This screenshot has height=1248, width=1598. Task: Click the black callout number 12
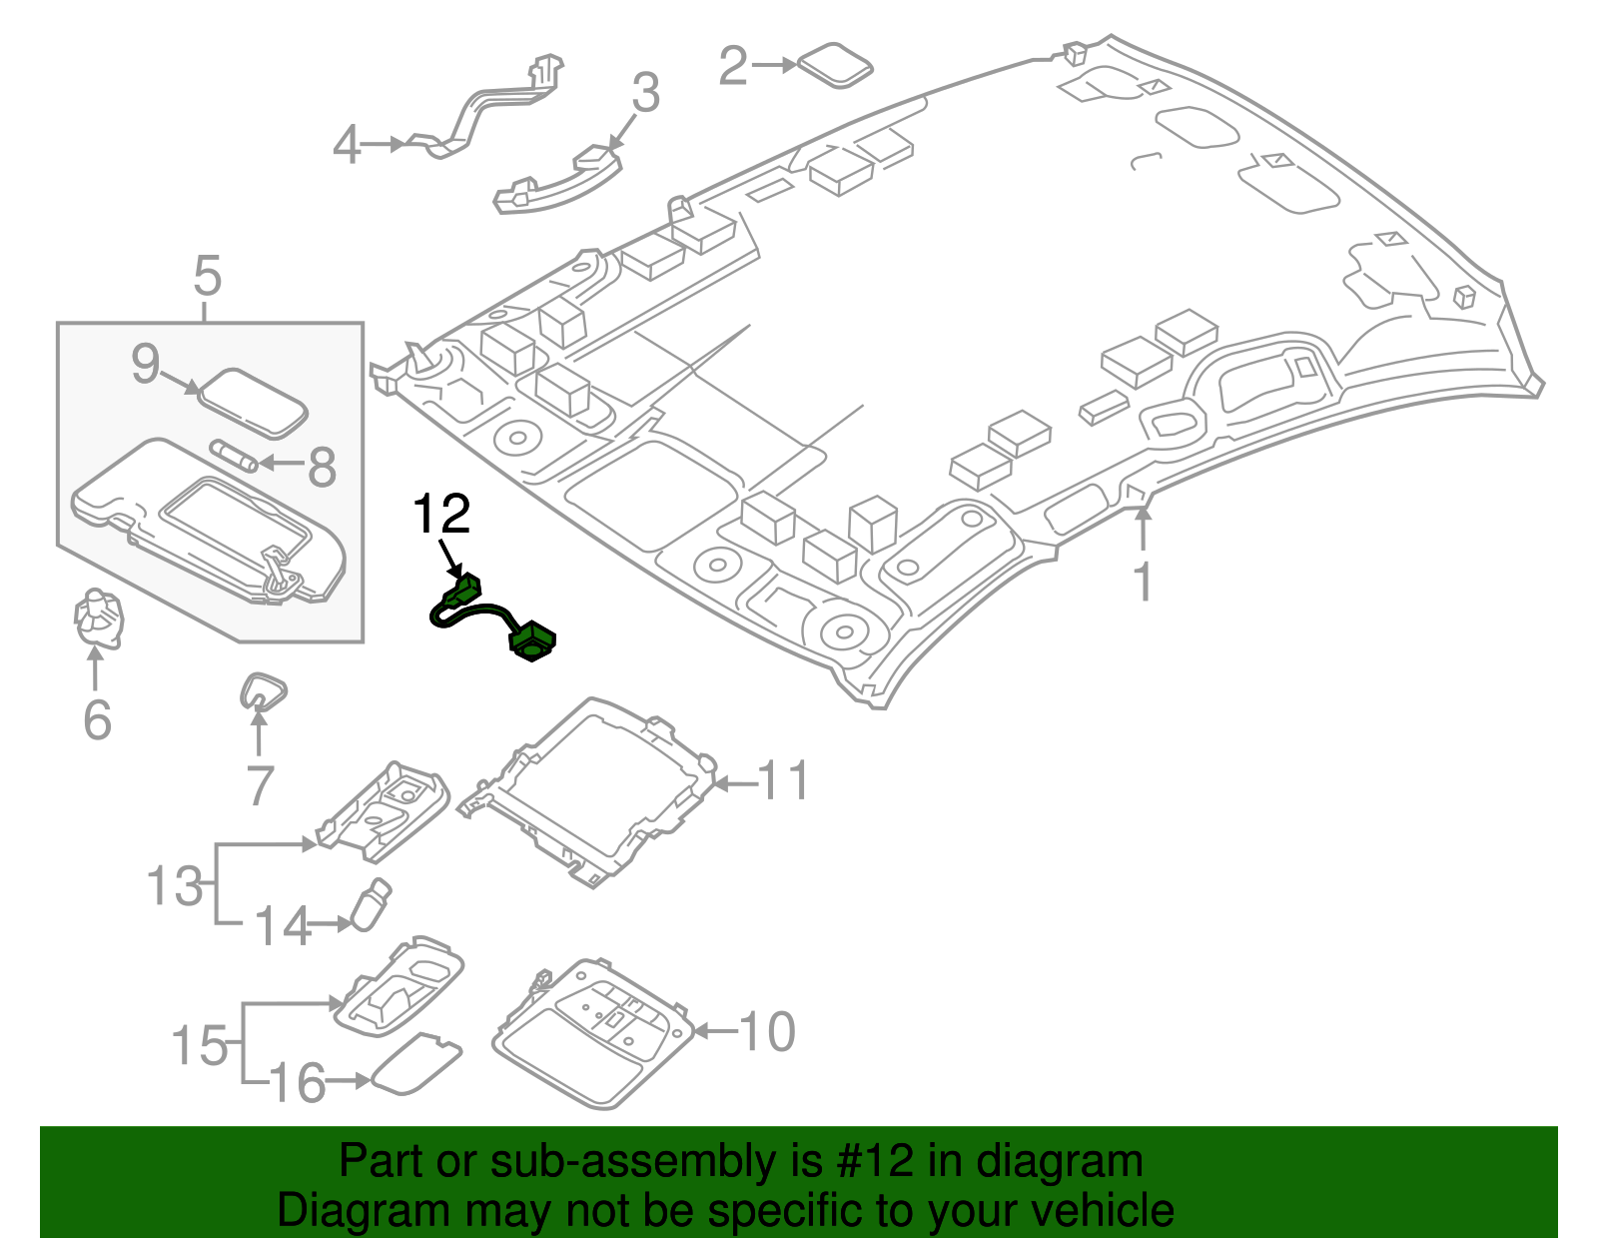click(x=440, y=515)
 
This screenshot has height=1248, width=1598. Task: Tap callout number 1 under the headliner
click(x=1143, y=583)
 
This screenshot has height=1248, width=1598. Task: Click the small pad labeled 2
click(x=837, y=64)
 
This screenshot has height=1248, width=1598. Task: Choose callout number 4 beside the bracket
click(x=346, y=146)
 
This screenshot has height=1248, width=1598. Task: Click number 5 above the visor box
click(x=207, y=275)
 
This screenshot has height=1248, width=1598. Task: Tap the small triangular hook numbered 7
click(x=264, y=689)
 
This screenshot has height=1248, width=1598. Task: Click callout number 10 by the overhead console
click(x=767, y=1031)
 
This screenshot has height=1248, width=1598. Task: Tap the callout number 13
click(x=175, y=885)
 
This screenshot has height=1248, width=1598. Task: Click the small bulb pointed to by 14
click(x=371, y=903)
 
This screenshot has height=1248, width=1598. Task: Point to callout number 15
click(x=201, y=1045)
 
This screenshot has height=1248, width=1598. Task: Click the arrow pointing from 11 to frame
click(x=735, y=783)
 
